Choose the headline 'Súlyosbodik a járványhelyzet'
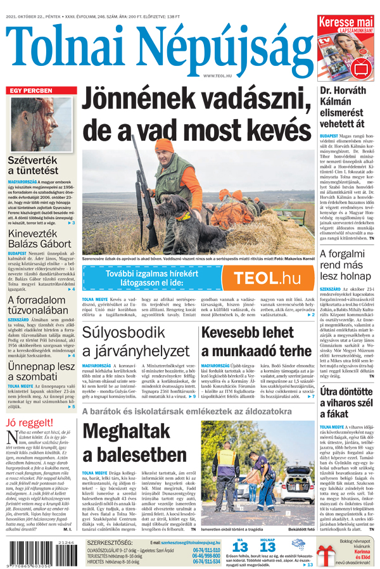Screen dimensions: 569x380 click(139, 341)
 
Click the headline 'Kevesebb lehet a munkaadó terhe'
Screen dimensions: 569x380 click(256, 341)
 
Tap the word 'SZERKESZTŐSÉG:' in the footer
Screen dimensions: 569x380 click(110, 543)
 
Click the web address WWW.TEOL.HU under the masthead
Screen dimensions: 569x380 click(217, 75)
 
